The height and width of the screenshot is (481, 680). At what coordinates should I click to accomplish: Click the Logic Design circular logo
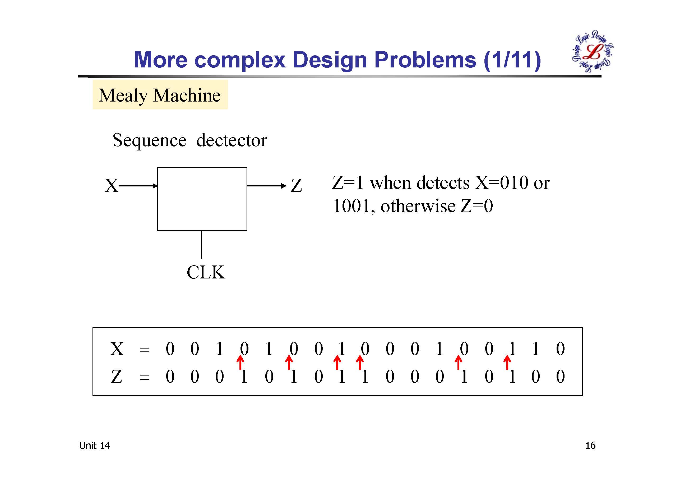[x=592, y=51]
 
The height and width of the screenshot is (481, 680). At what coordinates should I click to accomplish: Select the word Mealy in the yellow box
[x=123, y=95]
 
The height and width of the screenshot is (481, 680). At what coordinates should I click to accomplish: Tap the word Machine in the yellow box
[x=187, y=95]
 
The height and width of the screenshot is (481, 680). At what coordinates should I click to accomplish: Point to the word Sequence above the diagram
[x=149, y=140]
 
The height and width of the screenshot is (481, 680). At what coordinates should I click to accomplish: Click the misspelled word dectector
[x=232, y=140]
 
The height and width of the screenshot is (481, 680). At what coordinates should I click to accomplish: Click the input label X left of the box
[x=111, y=186]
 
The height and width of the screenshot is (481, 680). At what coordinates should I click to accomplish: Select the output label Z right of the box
[x=296, y=186]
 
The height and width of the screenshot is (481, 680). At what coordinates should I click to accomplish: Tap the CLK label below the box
[x=206, y=272]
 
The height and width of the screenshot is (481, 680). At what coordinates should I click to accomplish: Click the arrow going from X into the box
[x=138, y=186]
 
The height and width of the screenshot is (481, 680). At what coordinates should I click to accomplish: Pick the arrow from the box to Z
[x=267, y=186]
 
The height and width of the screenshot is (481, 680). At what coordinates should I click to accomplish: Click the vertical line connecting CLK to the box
[x=201, y=245]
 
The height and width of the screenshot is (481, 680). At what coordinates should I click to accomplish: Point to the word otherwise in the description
[x=418, y=206]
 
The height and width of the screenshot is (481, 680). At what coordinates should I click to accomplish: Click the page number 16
[x=590, y=446]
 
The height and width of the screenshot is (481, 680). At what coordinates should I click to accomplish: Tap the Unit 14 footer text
[x=94, y=446]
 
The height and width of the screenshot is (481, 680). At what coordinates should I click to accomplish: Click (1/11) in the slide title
[x=512, y=60]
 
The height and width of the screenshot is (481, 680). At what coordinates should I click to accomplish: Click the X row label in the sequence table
[x=117, y=349]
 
